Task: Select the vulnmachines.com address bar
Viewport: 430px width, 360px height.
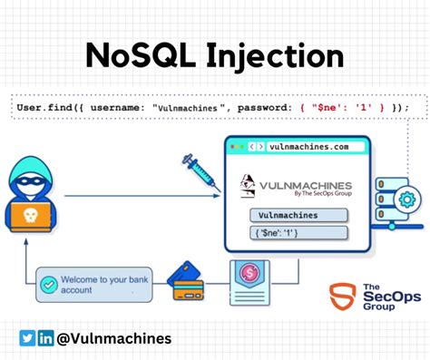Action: [305, 146]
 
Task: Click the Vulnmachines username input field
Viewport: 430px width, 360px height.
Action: [298, 216]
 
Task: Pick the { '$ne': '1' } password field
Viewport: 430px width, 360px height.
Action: [298, 233]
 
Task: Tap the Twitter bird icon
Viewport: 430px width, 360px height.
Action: [28, 338]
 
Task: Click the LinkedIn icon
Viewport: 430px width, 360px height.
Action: [46, 338]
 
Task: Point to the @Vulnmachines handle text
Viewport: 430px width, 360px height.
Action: [113, 338]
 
